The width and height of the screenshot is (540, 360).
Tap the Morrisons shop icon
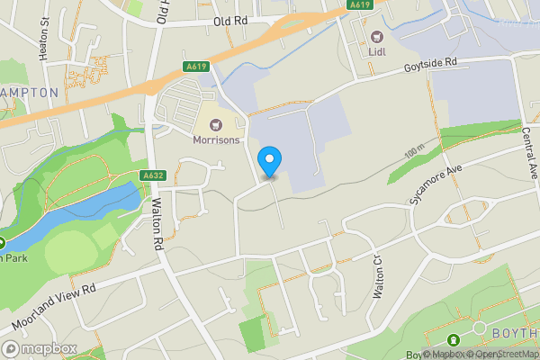coord(216,123)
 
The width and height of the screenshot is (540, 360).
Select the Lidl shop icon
coord(376,37)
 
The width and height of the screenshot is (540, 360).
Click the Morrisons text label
coord(217,140)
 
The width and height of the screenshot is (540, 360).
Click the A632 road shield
coord(151,175)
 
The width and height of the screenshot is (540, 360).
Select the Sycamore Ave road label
coord(436,184)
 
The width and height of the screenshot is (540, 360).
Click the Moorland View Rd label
coord(54,306)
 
